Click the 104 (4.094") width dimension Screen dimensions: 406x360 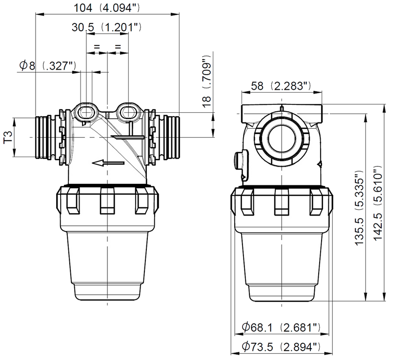click(x=107, y=8)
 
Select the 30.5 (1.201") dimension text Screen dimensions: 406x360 click(x=106, y=27)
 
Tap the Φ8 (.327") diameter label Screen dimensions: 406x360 click(x=48, y=65)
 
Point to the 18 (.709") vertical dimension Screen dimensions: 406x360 click(x=207, y=81)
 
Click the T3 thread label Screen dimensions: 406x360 click(x=9, y=137)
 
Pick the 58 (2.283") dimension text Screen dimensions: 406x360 click(x=281, y=86)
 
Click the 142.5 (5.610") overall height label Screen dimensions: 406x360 click(x=378, y=203)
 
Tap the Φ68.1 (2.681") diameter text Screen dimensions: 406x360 click(x=281, y=327)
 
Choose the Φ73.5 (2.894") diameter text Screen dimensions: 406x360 click(x=281, y=346)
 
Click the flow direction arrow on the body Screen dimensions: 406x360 click(x=108, y=163)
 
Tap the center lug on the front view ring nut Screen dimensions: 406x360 click(x=107, y=201)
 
